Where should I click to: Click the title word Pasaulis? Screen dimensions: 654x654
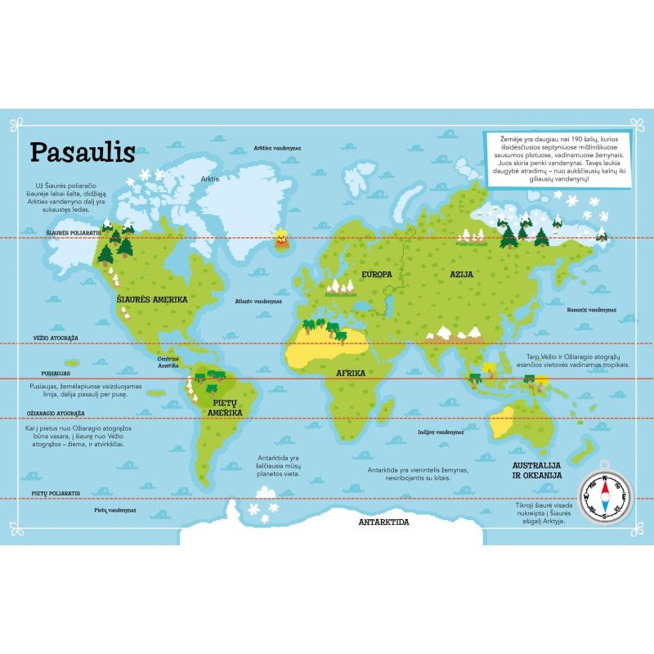(83, 153)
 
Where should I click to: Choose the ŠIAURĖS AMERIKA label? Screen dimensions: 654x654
(152, 299)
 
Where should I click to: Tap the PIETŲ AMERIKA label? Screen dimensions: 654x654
(225, 408)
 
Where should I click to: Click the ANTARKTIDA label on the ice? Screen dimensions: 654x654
(383, 521)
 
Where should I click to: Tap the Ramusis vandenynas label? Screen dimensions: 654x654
(591, 310)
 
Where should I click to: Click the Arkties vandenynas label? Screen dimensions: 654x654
(277, 148)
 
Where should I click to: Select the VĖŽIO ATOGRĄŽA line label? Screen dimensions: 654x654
(56, 338)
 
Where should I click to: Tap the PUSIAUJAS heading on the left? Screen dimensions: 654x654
(48, 372)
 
